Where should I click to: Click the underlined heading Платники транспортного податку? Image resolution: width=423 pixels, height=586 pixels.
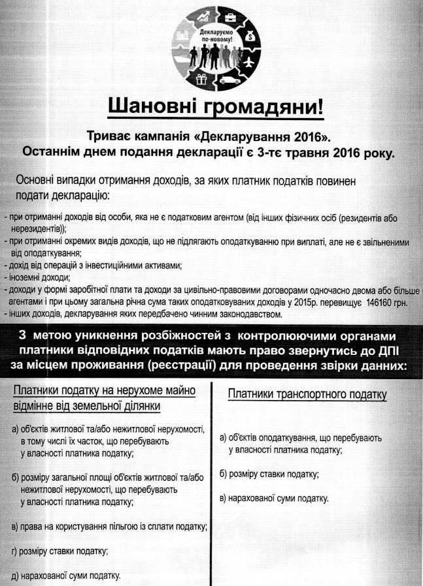[307, 394]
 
